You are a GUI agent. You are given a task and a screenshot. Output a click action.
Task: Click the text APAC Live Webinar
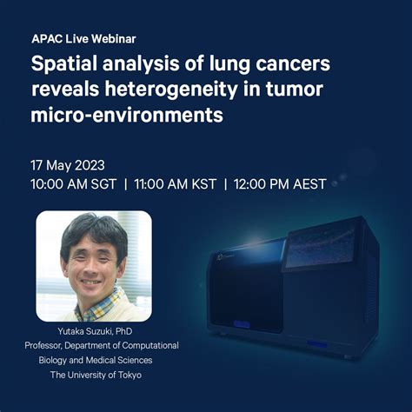[83, 39]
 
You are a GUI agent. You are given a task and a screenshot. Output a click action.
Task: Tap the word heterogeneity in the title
[171, 89]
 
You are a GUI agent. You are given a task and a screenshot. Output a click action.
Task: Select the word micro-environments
[127, 115]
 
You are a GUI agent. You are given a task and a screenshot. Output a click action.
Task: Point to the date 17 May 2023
[68, 165]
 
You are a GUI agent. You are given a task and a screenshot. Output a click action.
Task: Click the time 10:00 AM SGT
[74, 184]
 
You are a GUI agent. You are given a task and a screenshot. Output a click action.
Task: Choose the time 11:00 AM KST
[176, 184]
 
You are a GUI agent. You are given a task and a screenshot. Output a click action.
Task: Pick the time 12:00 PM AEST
[280, 184]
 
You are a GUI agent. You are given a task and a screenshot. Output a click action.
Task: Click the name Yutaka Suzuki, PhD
[95, 331]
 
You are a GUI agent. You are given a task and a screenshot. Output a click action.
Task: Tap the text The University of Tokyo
[96, 375]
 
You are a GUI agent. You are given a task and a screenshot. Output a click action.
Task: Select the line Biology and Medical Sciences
[96, 360]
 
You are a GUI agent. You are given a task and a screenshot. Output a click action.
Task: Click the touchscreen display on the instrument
[320, 249]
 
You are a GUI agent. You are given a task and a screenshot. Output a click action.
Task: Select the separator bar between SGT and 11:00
[125, 184]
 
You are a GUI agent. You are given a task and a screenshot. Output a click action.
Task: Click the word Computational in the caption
[150, 345]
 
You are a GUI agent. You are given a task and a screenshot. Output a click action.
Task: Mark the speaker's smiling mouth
[90, 282]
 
